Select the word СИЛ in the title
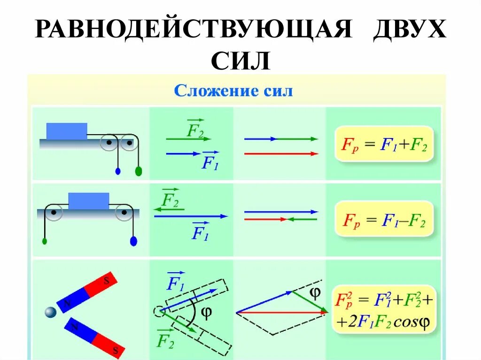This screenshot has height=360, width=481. tap(240, 61)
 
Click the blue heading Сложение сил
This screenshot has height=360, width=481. tap(233, 91)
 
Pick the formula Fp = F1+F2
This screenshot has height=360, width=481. tap(384, 144)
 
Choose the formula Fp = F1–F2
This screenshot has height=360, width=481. tap(384, 219)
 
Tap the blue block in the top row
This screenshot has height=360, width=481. tap(66, 131)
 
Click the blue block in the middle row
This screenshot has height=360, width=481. tap(89, 201)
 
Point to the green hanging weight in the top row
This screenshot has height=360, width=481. tap(138, 171)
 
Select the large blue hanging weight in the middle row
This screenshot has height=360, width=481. tap(133, 241)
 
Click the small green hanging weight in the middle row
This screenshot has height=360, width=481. tap(45, 241)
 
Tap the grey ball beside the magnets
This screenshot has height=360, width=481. tap(50, 312)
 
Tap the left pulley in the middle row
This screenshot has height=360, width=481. tap(54, 213)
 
